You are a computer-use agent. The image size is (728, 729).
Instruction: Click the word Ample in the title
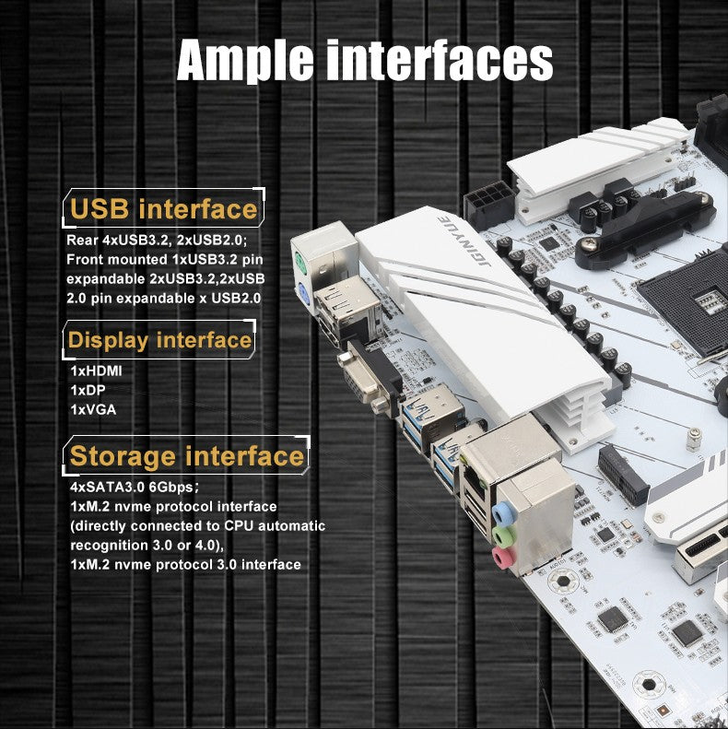tap(245, 61)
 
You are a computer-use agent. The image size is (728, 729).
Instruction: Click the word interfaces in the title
tap(440, 60)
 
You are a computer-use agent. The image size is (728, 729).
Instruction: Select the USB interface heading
tap(164, 208)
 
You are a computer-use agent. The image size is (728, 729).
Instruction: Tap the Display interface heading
tap(159, 340)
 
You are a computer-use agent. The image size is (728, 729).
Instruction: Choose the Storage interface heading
tap(187, 455)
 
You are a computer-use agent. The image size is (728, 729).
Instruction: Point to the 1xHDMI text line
tap(96, 370)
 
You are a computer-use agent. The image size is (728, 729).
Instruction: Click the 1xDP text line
tap(88, 390)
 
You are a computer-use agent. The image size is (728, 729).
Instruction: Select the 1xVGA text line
tap(93, 409)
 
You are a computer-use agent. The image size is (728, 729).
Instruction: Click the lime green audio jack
tap(503, 536)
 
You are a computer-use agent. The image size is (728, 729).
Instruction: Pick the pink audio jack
tap(503, 558)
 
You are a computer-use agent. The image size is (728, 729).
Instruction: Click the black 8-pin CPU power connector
tap(489, 204)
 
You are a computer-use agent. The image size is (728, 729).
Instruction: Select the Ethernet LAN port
tap(476, 480)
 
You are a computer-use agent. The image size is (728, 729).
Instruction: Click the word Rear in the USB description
tap(82, 240)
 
